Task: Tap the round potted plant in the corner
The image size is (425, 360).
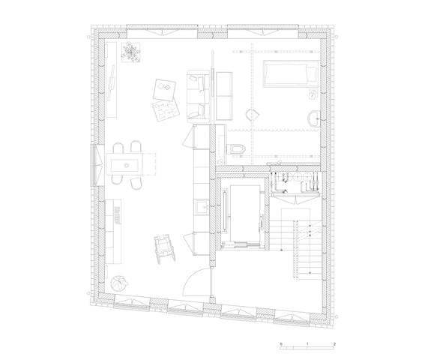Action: click(x=119, y=283)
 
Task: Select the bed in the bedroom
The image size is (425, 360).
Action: click(x=291, y=73)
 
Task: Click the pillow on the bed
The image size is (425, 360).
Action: click(x=311, y=73)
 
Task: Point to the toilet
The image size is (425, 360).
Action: click(x=238, y=148)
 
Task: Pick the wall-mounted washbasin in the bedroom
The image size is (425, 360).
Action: click(x=314, y=118)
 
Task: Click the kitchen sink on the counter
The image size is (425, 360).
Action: click(x=202, y=207)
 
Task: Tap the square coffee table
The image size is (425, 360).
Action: click(x=164, y=90)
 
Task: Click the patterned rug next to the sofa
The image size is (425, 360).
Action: click(x=166, y=109)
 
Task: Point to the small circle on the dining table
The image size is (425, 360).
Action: click(x=127, y=165)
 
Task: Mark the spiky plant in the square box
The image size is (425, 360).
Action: click(x=130, y=52)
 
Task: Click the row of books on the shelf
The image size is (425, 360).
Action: click(x=117, y=215)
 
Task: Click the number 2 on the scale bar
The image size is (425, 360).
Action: click(x=334, y=344)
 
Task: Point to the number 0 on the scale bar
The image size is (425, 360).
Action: click(x=281, y=344)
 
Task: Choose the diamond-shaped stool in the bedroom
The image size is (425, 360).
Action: click(x=253, y=115)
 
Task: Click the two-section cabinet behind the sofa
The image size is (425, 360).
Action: click(x=224, y=96)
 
